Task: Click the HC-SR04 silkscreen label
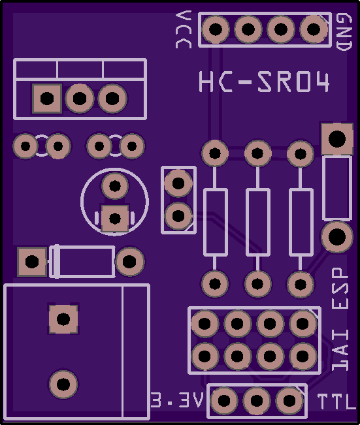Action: pyautogui.click(x=264, y=82)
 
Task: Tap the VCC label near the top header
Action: pyautogui.click(x=184, y=29)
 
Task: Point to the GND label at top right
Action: pyautogui.click(x=344, y=32)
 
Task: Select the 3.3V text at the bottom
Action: pyautogui.click(x=177, y=400)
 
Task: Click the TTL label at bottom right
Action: pyautogui.click(x=336, y=401)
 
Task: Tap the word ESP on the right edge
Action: pyautogui.click(x=340, y=288)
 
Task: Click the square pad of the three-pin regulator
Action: pyautogui.click(x=47, y=99)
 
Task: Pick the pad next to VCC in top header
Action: pyautogui.click(x=216, y=29)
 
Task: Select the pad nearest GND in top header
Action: pyautogui.click(x=314, y=29)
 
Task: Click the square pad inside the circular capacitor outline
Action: pyautogui.click(x=115, y=219)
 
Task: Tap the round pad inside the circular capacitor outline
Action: pyautogui.click(x=115, y=186)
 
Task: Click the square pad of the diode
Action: pyautogui.click(x=32, y=262)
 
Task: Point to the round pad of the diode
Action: pyautogui.click(x=129, y=261)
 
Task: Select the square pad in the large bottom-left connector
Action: pyautogui.click(x=63, y=319)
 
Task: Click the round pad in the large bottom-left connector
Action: pyautogui.click(x=63, y=384)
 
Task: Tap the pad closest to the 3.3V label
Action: pyautogui.click(x=224, y=401)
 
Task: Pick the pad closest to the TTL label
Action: pyautogui.click(x=289, y=401)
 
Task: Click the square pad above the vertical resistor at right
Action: pyautogui.click(x=337, y=139)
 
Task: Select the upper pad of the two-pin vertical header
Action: pyautogui.click(x=178, y=183)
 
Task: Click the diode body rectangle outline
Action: pyautogui.click(x=82, y=262)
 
